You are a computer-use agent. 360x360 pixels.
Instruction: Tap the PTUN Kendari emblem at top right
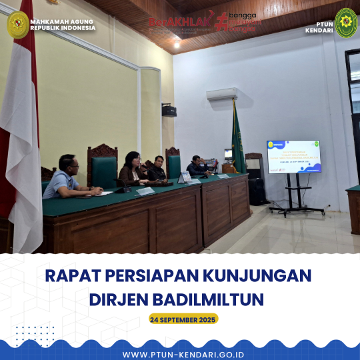[x=346, y=23]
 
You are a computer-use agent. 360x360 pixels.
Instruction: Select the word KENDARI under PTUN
[x=319, y=30]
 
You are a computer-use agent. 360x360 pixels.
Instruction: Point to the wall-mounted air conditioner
[x=221, y=94]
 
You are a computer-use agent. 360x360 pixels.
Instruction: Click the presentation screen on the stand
[x=293, y=157]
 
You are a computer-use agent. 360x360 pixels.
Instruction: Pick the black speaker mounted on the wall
[x=169, y=110]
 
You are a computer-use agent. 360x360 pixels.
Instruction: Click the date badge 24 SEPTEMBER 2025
[x=183, y=319]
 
